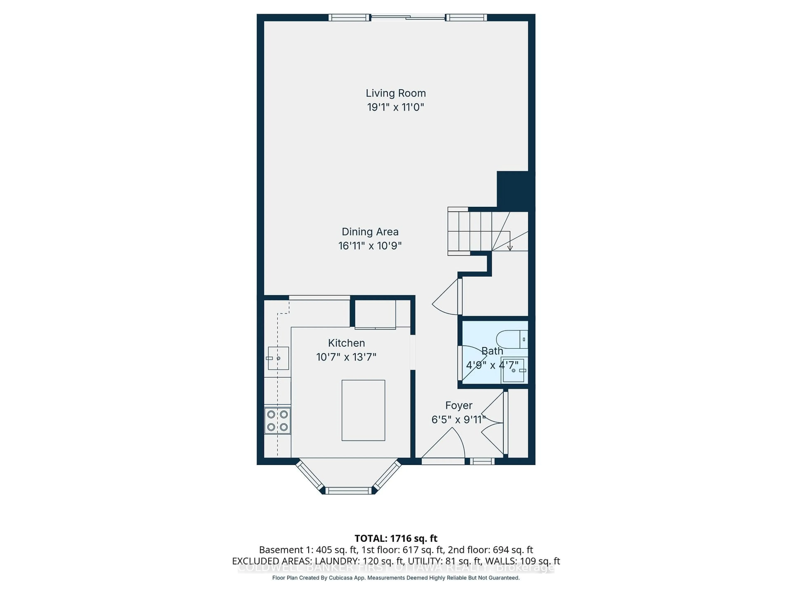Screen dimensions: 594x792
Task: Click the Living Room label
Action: [396, 93]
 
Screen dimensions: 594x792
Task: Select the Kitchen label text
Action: [346, 343]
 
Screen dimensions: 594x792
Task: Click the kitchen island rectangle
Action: [363, 410]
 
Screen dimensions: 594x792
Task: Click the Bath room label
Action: [492, 351]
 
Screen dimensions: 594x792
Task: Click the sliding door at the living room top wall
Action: [408, 17]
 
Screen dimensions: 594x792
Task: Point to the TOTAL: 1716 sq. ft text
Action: [396, 539]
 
